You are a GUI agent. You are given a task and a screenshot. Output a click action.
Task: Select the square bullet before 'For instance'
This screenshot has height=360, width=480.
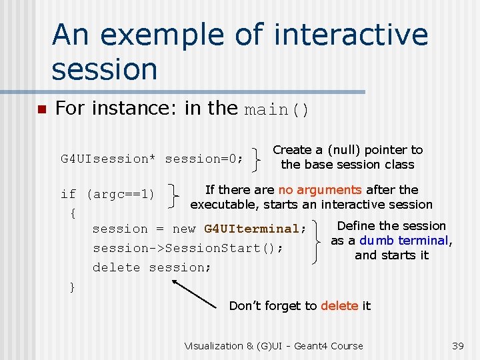coord(41,109)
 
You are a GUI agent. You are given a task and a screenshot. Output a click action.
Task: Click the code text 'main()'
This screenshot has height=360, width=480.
coord(277,109)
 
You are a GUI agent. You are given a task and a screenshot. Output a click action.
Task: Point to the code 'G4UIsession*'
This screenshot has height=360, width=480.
coord(108,159)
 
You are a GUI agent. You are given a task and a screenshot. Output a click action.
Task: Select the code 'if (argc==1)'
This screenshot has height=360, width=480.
coord(107,194)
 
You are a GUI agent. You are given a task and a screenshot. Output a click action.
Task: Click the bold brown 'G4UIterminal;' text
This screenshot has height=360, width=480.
coord(255,229)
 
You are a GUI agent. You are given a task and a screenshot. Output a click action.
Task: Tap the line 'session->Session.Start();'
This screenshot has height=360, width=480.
coord(188,248)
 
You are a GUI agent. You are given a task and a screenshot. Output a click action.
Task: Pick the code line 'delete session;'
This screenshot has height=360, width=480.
coord(152,267)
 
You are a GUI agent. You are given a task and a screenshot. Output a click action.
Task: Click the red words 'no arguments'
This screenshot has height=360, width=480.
coord(320,191)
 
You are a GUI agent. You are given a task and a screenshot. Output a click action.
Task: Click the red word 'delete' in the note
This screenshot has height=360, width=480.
coord(339,306)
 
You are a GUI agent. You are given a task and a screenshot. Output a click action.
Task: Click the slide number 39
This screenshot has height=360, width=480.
coord(457,345)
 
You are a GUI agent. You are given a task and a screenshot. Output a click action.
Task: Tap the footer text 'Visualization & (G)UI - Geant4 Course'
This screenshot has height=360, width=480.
coord(273,345)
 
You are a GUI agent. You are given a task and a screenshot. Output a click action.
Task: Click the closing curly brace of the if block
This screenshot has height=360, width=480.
coord(72,287)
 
